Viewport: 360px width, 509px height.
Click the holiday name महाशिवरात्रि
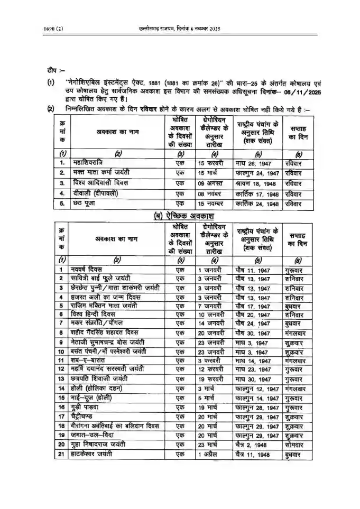[92, 163]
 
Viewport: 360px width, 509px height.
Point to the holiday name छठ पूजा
[86, 203]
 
